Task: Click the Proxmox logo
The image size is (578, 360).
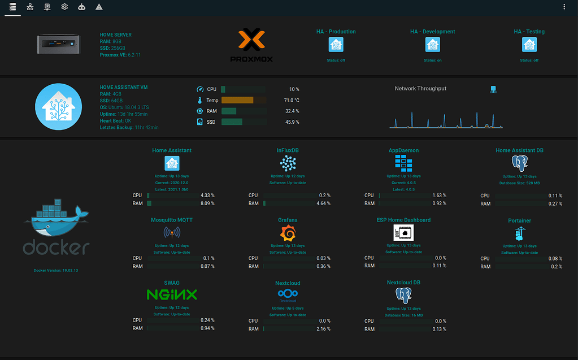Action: coord(251,45)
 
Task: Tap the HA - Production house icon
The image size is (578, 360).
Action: coord(336,45)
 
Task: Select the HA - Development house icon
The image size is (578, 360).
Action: coord(432,45)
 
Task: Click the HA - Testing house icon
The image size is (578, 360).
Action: coord(529,45)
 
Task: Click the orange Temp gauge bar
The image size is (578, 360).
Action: coord(237,100)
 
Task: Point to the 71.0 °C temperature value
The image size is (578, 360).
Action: coord(291,100)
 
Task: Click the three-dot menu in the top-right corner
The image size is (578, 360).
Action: coord(564,7)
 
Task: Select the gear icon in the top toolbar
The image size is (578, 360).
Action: coord(64,7)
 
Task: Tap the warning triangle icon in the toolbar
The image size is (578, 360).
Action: coord(99,7)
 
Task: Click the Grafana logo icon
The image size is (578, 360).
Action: coord(288,233)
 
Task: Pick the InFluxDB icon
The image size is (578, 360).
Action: coord(288,163)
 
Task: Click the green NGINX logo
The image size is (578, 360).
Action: coord(172,294)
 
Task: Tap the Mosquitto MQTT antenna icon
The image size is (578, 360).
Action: coord(172,233)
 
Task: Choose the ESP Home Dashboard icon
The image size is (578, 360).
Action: coord(403,232)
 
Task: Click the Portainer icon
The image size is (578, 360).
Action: coord(520,233)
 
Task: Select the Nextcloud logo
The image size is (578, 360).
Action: coord(288,294)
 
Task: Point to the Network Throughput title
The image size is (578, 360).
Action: coord(420,89)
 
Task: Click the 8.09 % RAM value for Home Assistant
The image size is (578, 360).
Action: coord(207,203)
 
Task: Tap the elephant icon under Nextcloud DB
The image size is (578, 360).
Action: coord(403,295)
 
